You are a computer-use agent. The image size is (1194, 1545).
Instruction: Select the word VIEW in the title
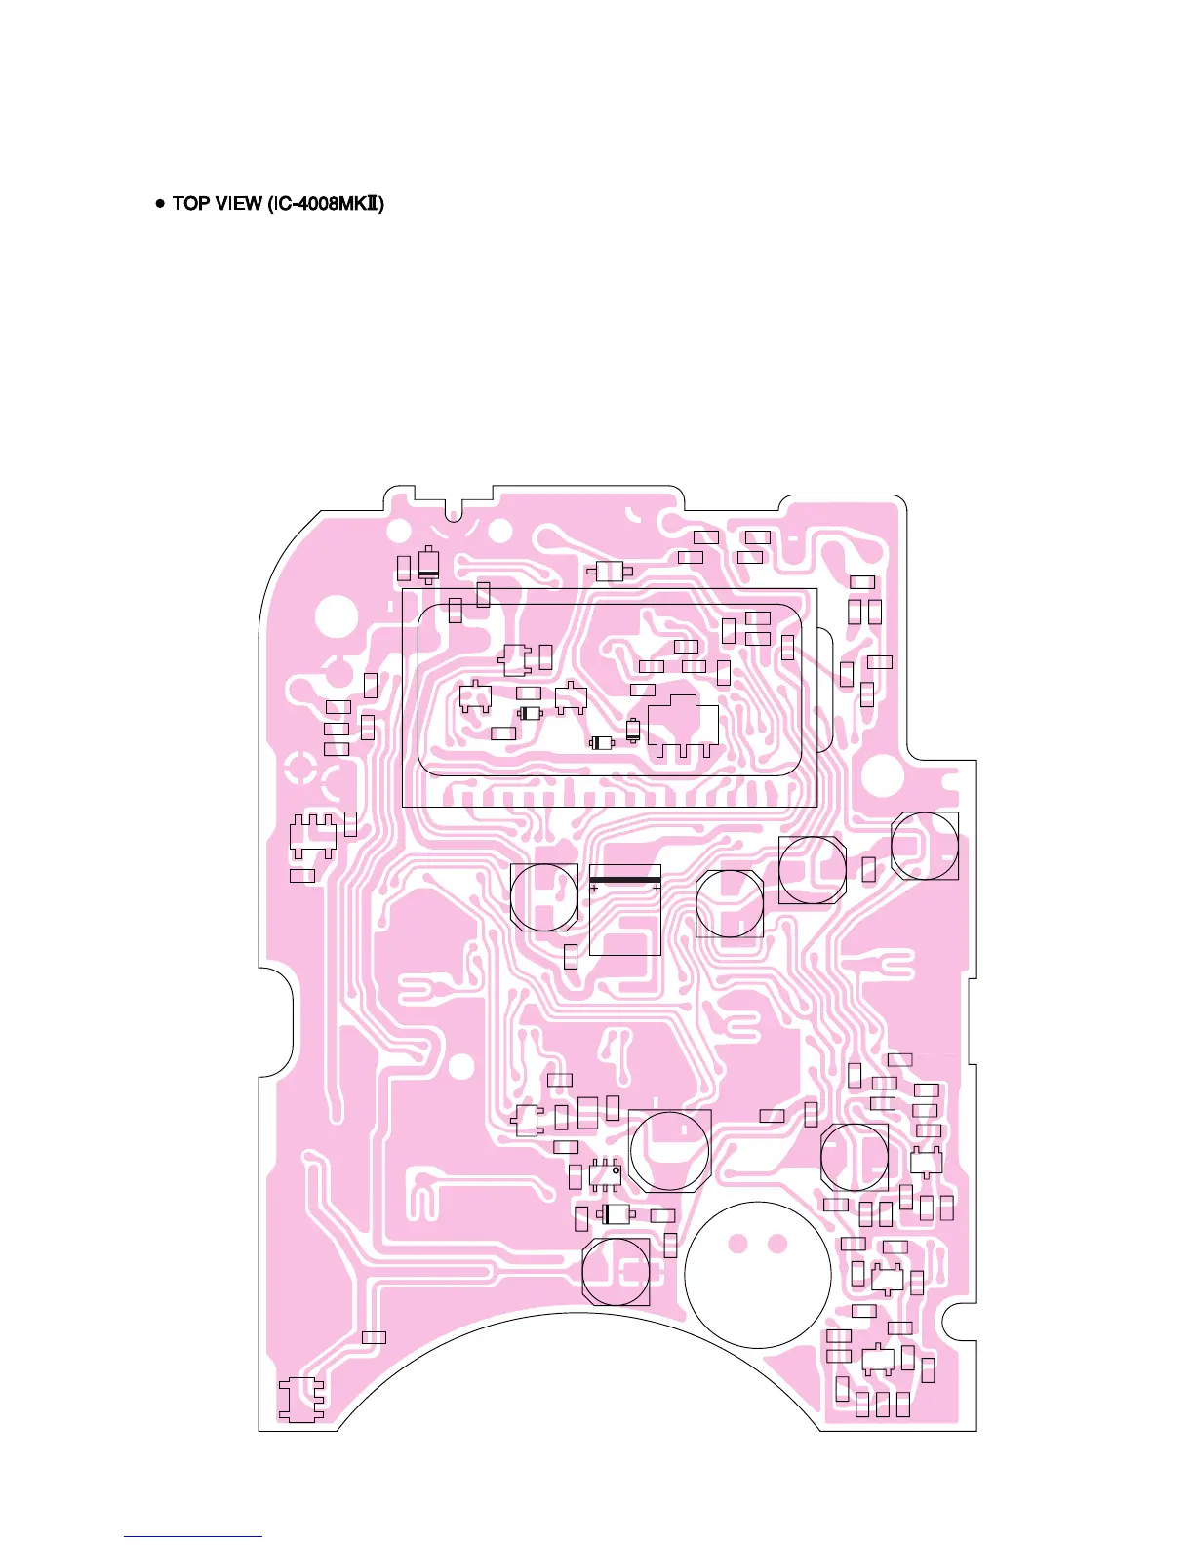tap(238, 203)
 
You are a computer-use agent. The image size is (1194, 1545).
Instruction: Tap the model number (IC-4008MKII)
tap(325, 203)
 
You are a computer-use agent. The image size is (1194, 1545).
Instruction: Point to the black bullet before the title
tap(160, 203)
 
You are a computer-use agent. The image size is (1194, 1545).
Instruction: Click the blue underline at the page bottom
tap(193, 1537)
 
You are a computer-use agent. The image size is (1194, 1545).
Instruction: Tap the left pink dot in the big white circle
tap(738, 1244)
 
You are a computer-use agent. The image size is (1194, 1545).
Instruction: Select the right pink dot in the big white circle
tap(777, 1244)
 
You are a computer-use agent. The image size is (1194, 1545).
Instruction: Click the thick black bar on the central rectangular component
tap(625, 880)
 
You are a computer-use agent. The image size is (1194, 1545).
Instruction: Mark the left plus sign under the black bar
tap(594, 889)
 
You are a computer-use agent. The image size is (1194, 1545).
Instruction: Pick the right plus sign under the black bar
tap(657, 889)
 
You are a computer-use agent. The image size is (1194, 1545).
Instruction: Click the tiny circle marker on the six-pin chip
tap(617, 1169)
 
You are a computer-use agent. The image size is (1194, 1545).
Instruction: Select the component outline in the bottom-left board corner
tap(301, 1400)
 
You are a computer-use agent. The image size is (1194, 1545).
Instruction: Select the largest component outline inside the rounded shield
tap(684, 724)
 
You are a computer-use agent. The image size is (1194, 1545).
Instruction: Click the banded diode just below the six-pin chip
tap(614, 1214)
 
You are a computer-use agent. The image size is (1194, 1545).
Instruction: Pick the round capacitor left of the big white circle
tap(616, 1271)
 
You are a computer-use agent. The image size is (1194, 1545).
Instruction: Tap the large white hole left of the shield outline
tap(337, 615)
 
